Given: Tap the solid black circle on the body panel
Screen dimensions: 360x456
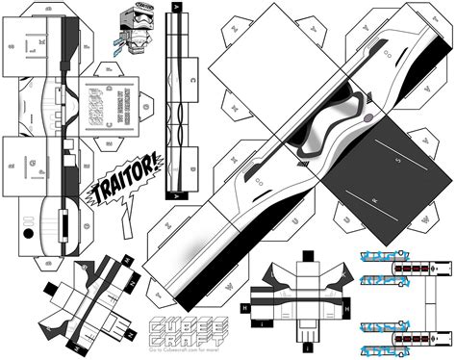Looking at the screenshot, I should click(x=28, y=232).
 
